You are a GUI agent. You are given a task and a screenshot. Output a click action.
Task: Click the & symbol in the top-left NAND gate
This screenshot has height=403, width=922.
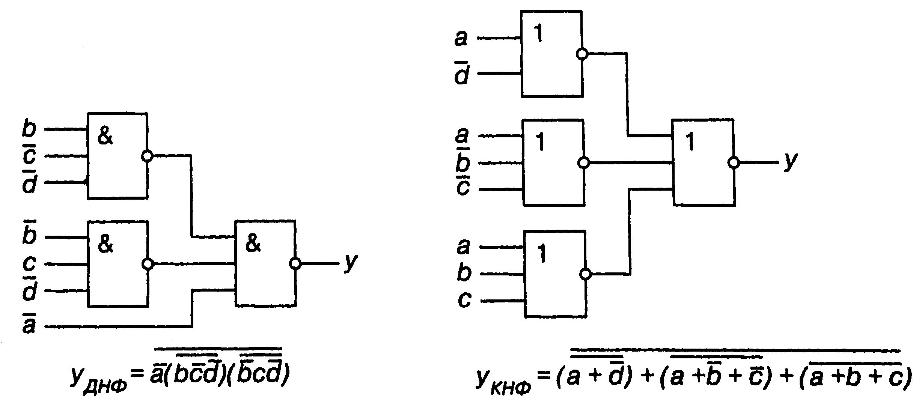pos(105,137)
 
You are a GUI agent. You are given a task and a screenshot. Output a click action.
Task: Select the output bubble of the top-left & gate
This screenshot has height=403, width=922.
pos(147,156)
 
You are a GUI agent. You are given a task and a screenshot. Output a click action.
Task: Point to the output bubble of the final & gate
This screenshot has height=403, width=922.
pos(295,264)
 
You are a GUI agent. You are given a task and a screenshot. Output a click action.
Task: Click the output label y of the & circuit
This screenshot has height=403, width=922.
pos(351,262)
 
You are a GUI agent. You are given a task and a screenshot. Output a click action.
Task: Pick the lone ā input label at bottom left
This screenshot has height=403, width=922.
pos(29,325)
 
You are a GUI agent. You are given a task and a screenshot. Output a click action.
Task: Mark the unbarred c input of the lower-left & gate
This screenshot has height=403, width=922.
pos(29,264)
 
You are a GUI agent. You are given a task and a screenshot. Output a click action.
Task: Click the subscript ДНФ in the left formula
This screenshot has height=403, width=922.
pos(109,385)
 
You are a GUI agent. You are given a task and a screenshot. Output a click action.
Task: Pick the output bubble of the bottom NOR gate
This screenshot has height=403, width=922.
pos(585,274)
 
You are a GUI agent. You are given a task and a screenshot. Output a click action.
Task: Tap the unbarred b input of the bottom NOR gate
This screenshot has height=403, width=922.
pos(464,273)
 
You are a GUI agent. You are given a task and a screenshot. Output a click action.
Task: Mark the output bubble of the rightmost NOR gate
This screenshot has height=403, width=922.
pos(733,163)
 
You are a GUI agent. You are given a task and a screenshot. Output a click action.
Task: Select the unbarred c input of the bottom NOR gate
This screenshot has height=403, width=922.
pos(464,301)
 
